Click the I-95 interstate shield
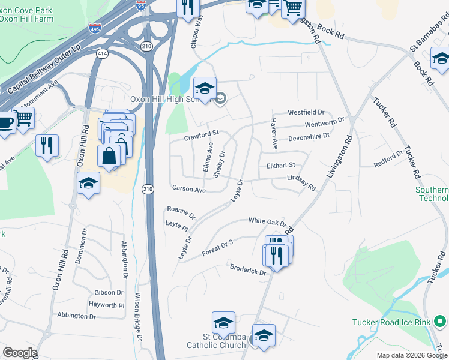coord(141,5)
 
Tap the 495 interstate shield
coord(95,28)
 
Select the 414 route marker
coord(102,53)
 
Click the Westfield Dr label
coord(306,112)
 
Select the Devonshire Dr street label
coord(310,137)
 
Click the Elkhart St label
coord(281,165)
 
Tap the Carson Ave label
coord(189,189)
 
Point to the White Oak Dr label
coord(267,221)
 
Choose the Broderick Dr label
coord(247,269)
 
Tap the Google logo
coord(19,353)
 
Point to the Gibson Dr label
coord(109,293)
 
